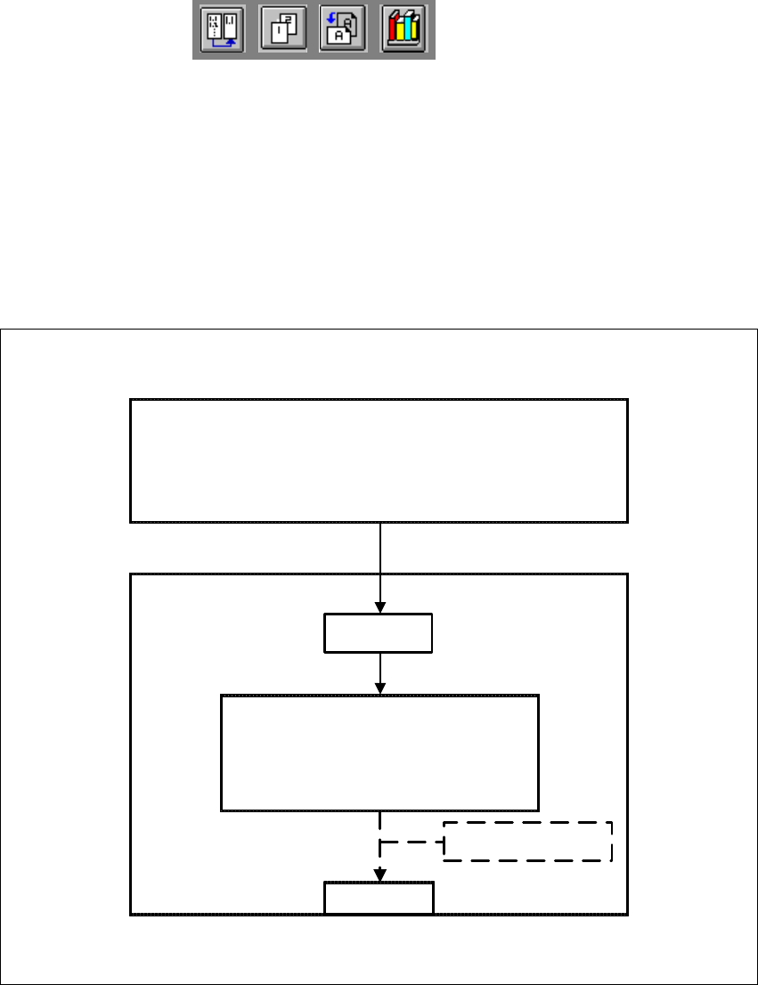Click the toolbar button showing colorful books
pos(403,30)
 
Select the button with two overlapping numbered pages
pos(282,30)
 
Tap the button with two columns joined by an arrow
pos(223,30)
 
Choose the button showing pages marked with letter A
pos(343,30)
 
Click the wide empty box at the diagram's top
pos(379,460)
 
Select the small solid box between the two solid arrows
pos(379,633)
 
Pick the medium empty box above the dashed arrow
pos(379,753)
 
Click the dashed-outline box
pos(528,842)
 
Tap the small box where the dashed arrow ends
pos(379,897)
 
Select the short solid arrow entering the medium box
pos(380,672)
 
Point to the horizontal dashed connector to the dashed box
pos(412,842)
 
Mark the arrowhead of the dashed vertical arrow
pos(380,875)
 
